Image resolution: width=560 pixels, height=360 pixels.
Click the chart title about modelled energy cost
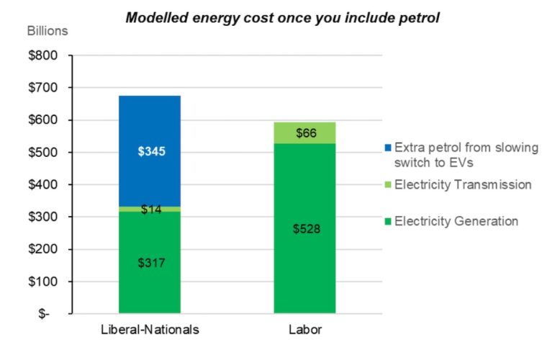click(282, 17)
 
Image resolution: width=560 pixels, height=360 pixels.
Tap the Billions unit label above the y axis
click(48, 31)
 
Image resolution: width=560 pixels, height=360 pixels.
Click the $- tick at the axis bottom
click(44, 315)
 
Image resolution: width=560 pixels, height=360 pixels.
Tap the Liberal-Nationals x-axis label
click(150, 330)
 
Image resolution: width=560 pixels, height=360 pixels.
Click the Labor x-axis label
click(304, 330)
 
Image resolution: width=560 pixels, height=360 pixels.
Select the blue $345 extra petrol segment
click(150, 151)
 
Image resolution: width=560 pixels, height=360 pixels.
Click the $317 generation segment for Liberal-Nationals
click(150, 263)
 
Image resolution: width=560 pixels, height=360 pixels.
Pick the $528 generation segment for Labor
click(304, 230)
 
